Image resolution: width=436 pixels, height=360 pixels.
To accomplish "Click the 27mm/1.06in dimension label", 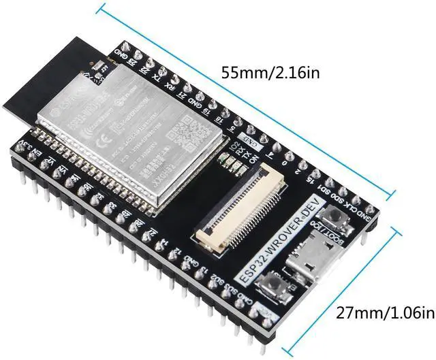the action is coord(385,312).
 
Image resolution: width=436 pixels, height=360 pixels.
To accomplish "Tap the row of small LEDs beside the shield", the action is coord(234,164).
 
